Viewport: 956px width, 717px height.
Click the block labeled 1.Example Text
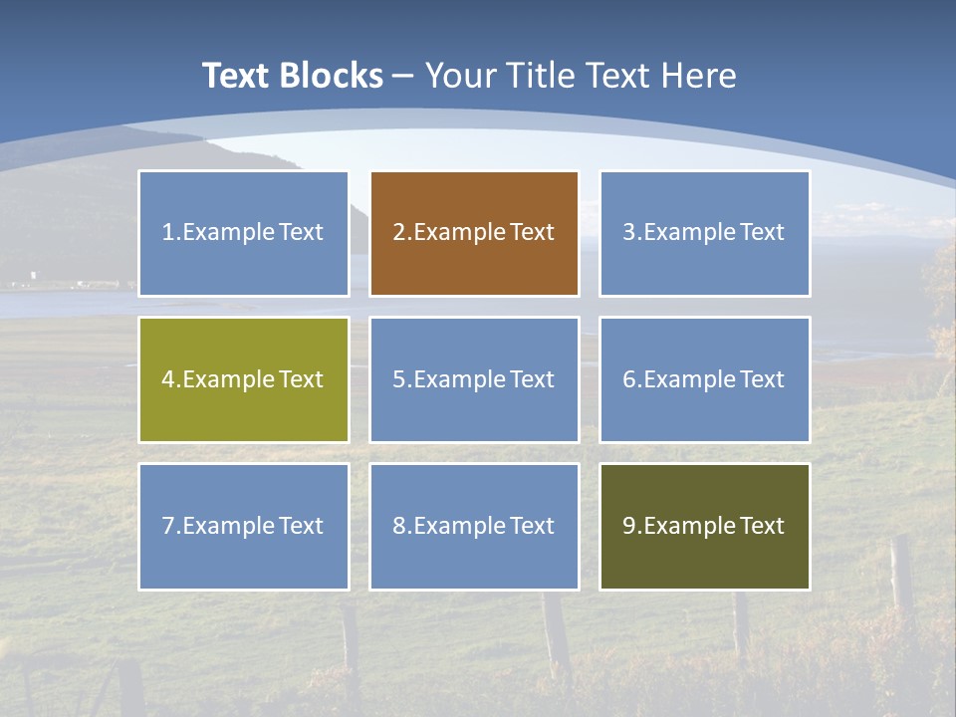point(243,233)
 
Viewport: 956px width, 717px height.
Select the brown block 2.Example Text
point(474,233)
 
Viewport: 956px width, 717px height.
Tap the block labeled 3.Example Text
point(704,233)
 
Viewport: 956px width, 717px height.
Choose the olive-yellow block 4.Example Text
point(243,379)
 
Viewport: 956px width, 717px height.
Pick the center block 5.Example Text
point(474,379)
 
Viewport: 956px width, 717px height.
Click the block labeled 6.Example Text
point(704,379)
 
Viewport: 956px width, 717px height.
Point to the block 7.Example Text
point(243,526)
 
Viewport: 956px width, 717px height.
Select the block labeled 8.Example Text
point(474,526)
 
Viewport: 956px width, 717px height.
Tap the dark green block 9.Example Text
point(704,526)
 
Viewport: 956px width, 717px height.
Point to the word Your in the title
point(460,76)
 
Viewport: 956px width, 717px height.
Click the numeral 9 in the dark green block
point(629,526)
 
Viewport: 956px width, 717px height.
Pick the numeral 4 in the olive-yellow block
point(168,379)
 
